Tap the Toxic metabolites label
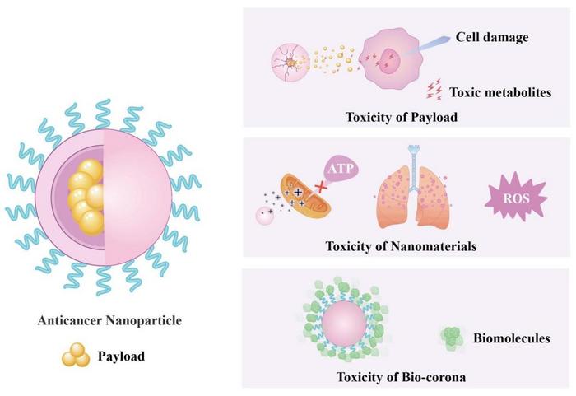(x=499, y=92)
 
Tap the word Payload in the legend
(x=122, y=356)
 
